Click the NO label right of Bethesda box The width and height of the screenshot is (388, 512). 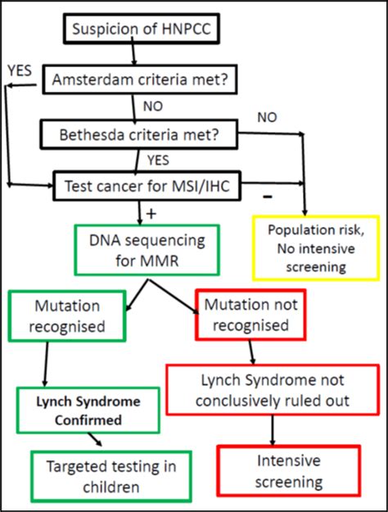(267, 118)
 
